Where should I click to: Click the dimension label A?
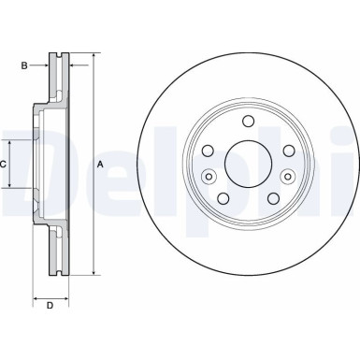101,165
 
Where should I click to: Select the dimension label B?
25,65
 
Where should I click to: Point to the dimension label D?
50,306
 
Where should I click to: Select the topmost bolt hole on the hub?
247,121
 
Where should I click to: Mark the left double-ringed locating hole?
209,177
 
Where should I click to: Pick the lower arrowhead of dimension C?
12,185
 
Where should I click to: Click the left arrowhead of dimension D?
36,295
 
